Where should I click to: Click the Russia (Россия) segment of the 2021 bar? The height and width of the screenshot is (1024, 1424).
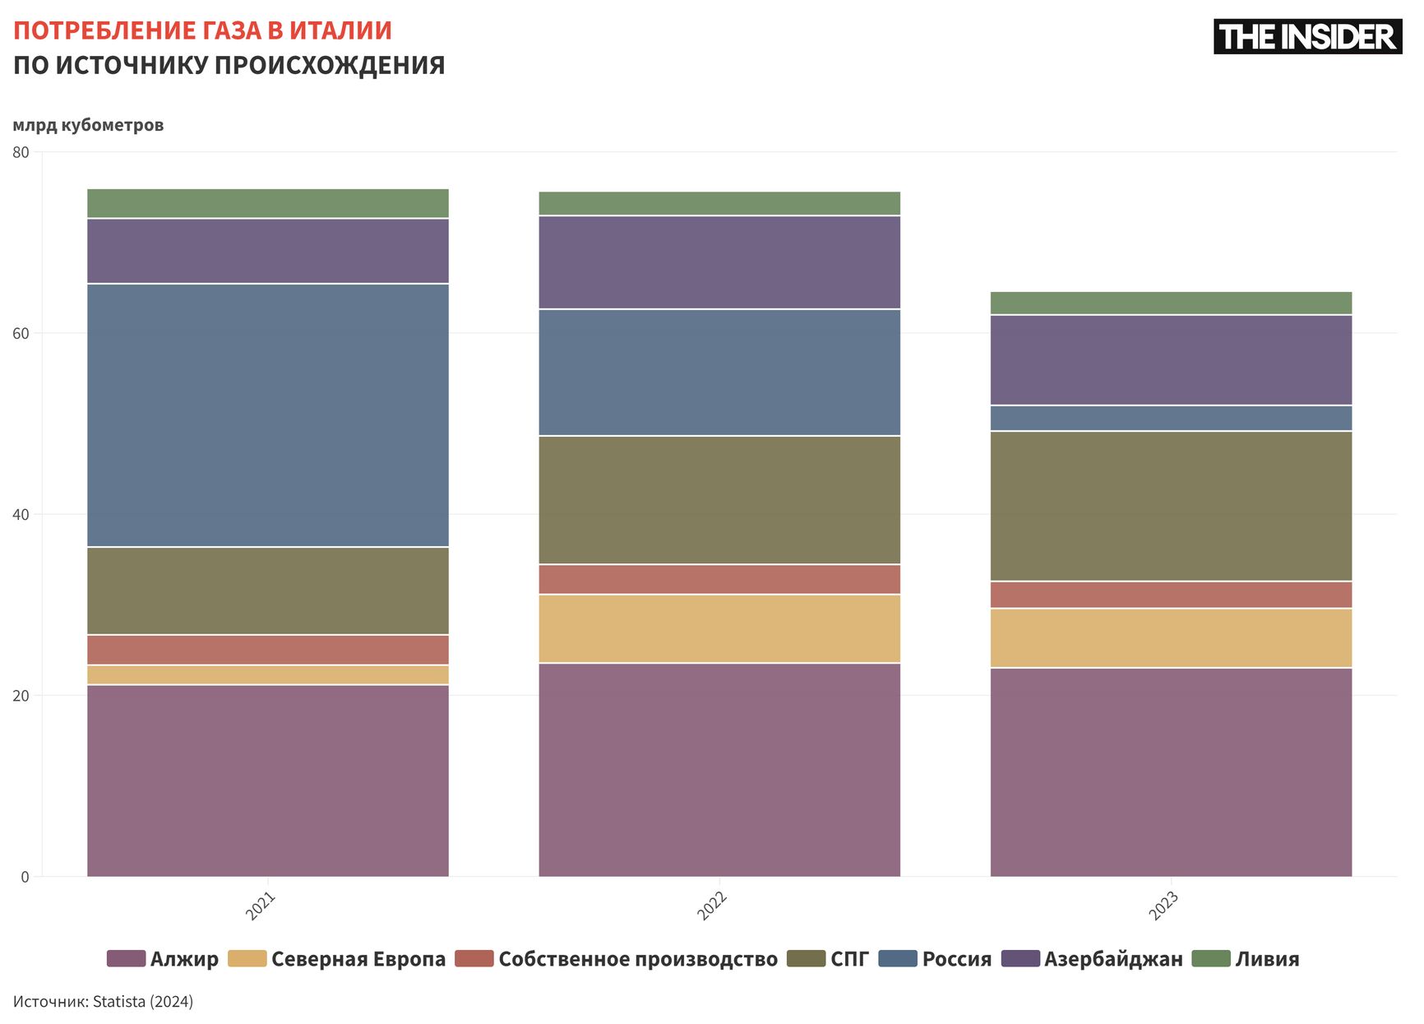coord(268,415)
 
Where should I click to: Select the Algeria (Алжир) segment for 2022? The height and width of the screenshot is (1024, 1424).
coord(719,770)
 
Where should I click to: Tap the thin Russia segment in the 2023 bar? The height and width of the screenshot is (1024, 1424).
coord(1171,419)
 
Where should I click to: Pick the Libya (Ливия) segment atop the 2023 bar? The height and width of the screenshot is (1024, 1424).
coord(1171,303)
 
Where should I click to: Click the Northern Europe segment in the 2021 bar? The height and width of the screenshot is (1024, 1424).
coord(268,675)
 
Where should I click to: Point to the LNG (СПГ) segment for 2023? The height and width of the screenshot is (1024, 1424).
coord(1171,507)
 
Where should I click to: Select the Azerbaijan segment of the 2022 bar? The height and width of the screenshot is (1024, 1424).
coord(719,262)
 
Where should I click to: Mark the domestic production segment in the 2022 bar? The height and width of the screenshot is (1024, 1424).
coord(719,580)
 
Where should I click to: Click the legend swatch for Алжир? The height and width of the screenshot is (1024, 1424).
coord(126,959)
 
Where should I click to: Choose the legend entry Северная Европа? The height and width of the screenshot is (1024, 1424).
coord(358,959)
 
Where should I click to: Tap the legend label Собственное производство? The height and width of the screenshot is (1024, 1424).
coord(637,959)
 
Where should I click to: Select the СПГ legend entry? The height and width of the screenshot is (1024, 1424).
coord(848,959)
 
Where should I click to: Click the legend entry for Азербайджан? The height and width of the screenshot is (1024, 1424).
coord(1112,959)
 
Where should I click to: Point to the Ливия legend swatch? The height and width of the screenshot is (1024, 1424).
coord(1210,959)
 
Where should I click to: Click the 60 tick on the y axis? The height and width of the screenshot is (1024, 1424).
coord(21,334)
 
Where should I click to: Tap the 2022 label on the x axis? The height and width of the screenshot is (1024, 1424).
coord(712,906)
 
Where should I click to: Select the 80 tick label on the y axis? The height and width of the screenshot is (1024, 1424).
coord(21,152)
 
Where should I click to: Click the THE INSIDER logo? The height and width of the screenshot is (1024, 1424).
coord(1307,37)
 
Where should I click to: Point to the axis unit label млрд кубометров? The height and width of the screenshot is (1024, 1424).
coord(88,125)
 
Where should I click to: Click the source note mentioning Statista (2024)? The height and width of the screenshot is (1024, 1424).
coord(103,1002)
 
